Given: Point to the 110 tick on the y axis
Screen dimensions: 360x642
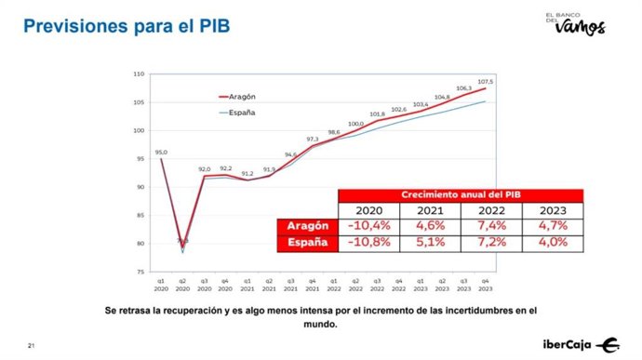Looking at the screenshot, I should click(139, 73).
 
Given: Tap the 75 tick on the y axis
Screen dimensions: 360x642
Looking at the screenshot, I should click(140, 272).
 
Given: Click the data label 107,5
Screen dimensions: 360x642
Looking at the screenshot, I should click(485, 82).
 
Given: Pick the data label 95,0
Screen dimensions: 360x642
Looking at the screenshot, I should click(161, 151).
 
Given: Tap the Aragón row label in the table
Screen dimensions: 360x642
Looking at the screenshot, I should click(306, 226).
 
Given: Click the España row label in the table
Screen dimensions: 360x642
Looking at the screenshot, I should click(306, 243).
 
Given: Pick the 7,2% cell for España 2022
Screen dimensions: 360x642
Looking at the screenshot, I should click(490, 243).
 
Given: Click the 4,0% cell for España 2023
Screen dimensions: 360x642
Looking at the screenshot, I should click(552, 243).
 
